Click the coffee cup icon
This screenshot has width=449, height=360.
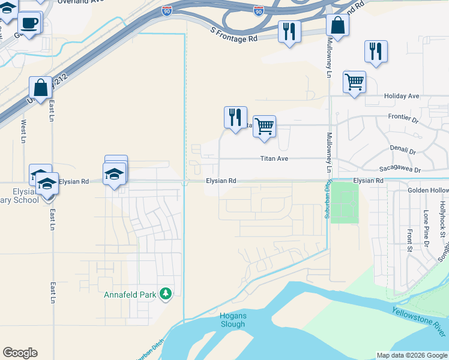click(x=29, y=23)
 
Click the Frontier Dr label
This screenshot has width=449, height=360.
click(x=403, y=119)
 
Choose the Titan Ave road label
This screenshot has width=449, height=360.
click(x=274, y=159)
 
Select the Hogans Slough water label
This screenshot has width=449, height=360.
click(x=232, y=320)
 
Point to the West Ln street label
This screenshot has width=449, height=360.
click(x=23, y=131)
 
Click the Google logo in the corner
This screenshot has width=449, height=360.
click(x=20, y=353)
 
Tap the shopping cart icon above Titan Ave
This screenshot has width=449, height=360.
click(x=264, y=127)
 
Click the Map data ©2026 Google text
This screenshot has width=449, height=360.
click(x=412, y=355)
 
